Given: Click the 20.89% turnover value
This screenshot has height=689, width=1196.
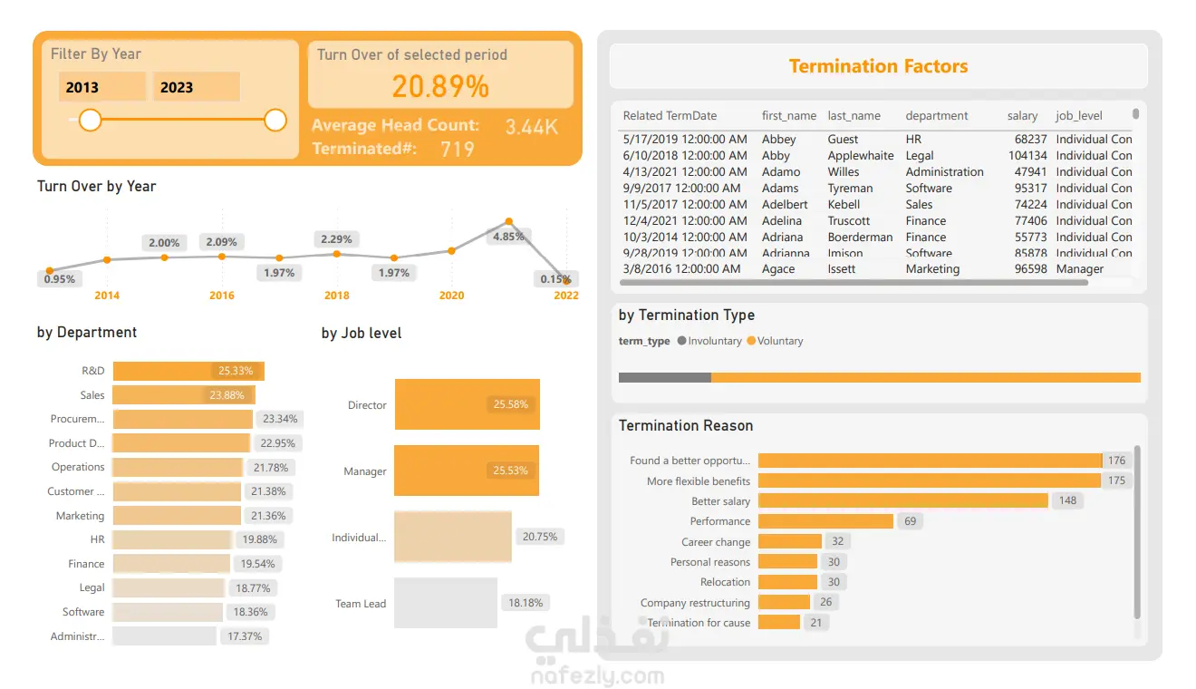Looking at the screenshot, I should (440, 86).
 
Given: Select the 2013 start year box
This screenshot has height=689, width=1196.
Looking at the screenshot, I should (101, 87).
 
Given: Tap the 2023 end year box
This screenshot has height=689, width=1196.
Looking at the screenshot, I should (196, 87).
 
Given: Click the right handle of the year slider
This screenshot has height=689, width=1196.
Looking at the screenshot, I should (275, 120).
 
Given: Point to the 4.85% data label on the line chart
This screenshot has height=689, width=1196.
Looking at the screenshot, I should (508, 237).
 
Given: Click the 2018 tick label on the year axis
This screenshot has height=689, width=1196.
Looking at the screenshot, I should (336, 296).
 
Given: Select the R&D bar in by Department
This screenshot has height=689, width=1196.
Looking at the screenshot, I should (188, 371).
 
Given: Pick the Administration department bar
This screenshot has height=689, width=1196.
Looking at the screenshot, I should (164, 636).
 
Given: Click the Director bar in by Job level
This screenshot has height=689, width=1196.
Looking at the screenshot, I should (467, 404).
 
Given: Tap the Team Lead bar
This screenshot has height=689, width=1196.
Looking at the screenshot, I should (445, 603).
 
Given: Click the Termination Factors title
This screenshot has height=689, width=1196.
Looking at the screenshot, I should (878, 66).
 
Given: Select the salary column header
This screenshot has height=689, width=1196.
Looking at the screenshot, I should (1022, 116).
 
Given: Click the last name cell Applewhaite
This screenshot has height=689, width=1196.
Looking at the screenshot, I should (860, 156).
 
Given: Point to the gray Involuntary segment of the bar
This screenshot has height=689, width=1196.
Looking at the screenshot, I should (664, 377).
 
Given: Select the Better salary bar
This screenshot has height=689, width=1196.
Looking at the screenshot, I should (902, 500).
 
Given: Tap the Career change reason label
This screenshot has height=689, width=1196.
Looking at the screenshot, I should (716, 542).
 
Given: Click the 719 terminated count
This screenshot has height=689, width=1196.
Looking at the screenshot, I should (457, 149).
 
